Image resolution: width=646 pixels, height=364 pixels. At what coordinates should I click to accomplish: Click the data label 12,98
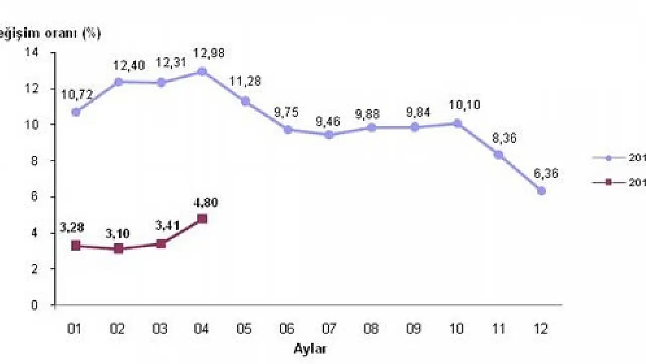pos(202,53)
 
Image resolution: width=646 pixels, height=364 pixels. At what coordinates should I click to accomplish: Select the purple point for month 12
pos(542,191)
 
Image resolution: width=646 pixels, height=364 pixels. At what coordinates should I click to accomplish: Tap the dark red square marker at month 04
pos(202,219)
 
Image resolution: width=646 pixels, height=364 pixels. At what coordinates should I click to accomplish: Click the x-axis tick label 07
pos(329,329)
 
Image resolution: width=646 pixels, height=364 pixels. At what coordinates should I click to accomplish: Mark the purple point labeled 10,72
pos(76,112)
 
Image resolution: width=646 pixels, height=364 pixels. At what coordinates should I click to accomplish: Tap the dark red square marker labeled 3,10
pos(118,249)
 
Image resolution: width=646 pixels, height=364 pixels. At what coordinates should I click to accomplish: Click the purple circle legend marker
pos(608,158)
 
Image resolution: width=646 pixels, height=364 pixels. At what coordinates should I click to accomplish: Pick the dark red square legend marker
pos(608,183)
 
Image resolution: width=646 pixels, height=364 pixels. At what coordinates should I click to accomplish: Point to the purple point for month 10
pos(457,123)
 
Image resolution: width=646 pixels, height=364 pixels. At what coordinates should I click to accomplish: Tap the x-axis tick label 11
pos(499,329)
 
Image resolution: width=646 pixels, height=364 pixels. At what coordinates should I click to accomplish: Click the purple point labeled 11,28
pos(245,101)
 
